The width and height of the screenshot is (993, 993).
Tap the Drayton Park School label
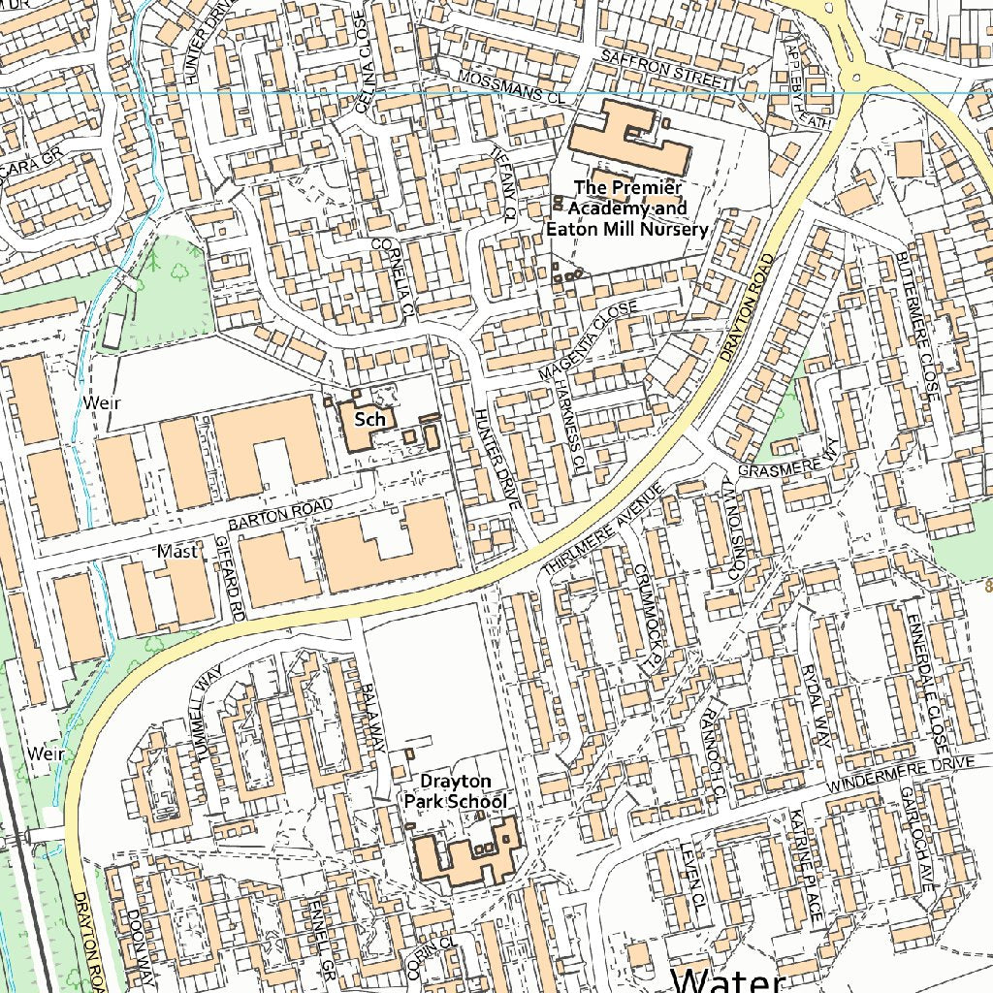(x=455, y=791)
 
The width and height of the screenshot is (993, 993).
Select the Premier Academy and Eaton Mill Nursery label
(x=627, y=208)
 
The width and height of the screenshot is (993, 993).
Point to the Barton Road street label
(x=280, y=514)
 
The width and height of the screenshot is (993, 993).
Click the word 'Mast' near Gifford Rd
(x=177, y=551)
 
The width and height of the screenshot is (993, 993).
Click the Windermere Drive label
(x=902, y=773)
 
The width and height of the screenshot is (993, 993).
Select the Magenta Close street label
(x=589, y=340)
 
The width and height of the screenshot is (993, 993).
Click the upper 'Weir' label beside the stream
(x=100, y=401)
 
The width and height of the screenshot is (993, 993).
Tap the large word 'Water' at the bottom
(x=727, y=979)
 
